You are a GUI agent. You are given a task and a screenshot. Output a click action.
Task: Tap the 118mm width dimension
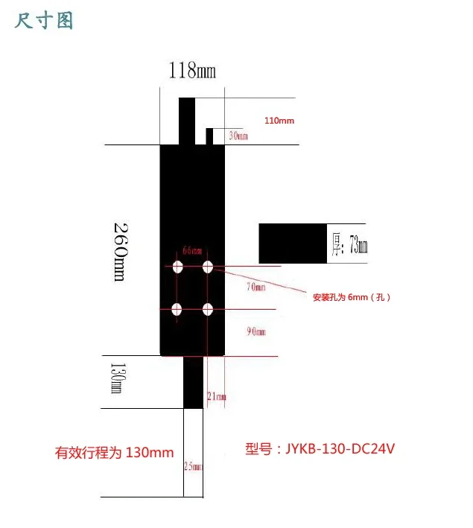pyautogui.click(x=191, y=71)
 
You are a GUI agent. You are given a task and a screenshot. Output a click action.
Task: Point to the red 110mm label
pyautogui.click(x=279, y=120)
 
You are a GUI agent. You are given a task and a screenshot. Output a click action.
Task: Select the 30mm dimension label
pyautogui.click(x=238, y=136)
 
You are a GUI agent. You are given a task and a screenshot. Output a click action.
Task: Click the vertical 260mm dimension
pyautogui.click(x=120, y=250)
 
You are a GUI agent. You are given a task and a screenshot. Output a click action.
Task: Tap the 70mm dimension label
pyautogui.click(x=255, y=287)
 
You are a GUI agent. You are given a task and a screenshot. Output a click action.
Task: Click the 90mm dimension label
pyautogui.click(x=255, y=332)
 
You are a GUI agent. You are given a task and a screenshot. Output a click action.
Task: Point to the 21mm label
pyautogui.click(x=215, y=397)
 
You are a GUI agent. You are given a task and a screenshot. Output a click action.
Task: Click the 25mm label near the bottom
pyautogui.click(x=192, y=467)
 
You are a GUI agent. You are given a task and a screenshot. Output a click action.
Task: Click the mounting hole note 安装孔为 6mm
pyautogui.click(x=352, y=296)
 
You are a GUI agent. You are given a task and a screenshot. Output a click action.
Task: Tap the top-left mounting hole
pyautogui.click(x=178, y=267)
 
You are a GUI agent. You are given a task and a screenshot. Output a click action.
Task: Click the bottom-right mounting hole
pyautogui.click(x=208, y=309)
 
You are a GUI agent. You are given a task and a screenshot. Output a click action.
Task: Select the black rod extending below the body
pyautogui.click(x=193, y=381)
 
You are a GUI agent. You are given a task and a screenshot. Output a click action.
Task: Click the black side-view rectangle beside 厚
pyautogui.click(x=293, y=242)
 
